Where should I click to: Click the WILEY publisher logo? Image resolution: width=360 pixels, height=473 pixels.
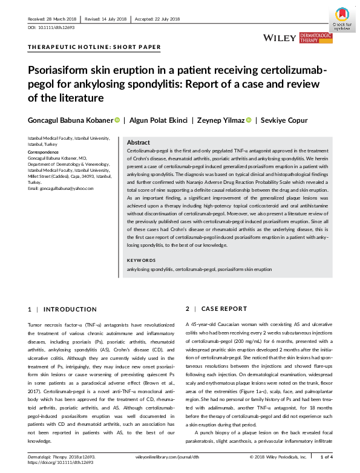pyautogui.click(x=280, y=38)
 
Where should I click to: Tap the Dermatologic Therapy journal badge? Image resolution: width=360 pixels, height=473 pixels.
pyautogui.click(x=316, y=38)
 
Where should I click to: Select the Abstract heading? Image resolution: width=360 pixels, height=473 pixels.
pyautogui.click(x=139, y=142)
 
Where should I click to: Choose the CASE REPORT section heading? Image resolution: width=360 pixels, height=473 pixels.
pyautogui.click(x=224, y=309)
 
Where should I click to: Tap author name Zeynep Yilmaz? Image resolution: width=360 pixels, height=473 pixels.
pyautogui.click(x=218, y=120)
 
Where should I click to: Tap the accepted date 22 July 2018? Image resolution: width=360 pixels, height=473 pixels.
pyautogui.click(x=159, y=19)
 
